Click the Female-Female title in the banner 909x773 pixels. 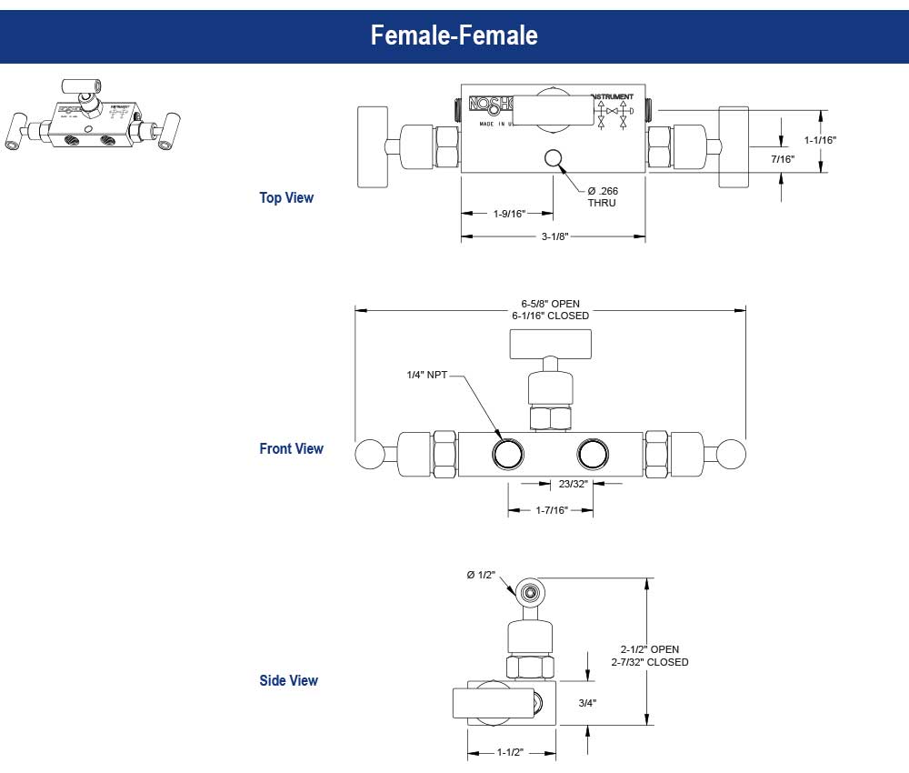pos(454,35)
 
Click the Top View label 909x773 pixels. pos(286,197)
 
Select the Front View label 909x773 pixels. pos(291,448)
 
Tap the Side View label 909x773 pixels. pos(288,680)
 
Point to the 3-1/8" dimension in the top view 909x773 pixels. pos(553,236)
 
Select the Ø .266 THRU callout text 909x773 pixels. pos(602,196)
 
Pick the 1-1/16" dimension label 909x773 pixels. pos(820,140)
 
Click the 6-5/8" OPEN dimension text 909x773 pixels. pos(550,304)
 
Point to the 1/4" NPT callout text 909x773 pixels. pos(426,375)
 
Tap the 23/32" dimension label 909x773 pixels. pos(573,484)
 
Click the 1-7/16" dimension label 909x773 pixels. pos(551,510)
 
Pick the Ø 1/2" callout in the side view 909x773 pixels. pos(481,574)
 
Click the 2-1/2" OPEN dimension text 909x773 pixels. pos(649,649)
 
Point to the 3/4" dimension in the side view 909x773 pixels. pos(587,703)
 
